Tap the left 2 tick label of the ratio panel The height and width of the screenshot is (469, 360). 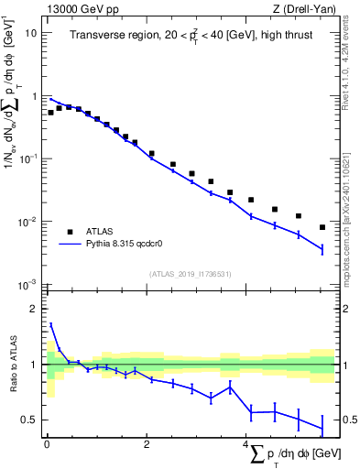33,309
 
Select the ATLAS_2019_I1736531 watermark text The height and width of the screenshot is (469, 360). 190,275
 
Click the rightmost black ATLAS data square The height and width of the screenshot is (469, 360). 322,227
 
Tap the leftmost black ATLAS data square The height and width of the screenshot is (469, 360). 50,113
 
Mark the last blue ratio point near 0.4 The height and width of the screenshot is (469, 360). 322,428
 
